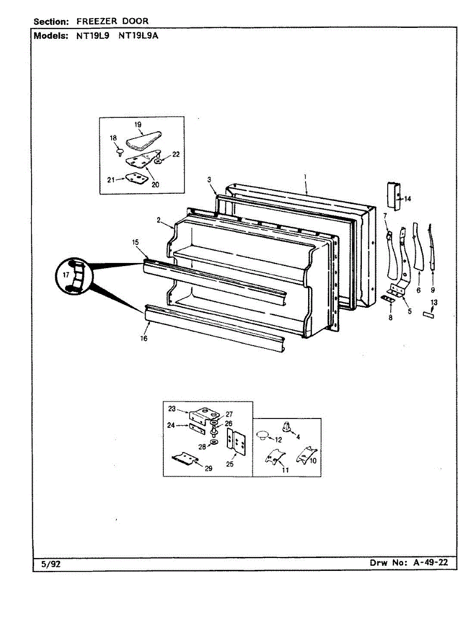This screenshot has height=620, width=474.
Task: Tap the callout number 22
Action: coord(176,154)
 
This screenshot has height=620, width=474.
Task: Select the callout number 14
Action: coord(408,199)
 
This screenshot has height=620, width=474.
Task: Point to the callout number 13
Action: coord(434,302)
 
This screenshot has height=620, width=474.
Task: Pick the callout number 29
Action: coord(208,469)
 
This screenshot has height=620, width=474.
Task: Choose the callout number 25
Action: coord(230,464)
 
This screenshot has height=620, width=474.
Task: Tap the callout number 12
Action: coord(278,440)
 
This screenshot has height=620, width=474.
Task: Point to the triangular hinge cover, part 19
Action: coord(143,139)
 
